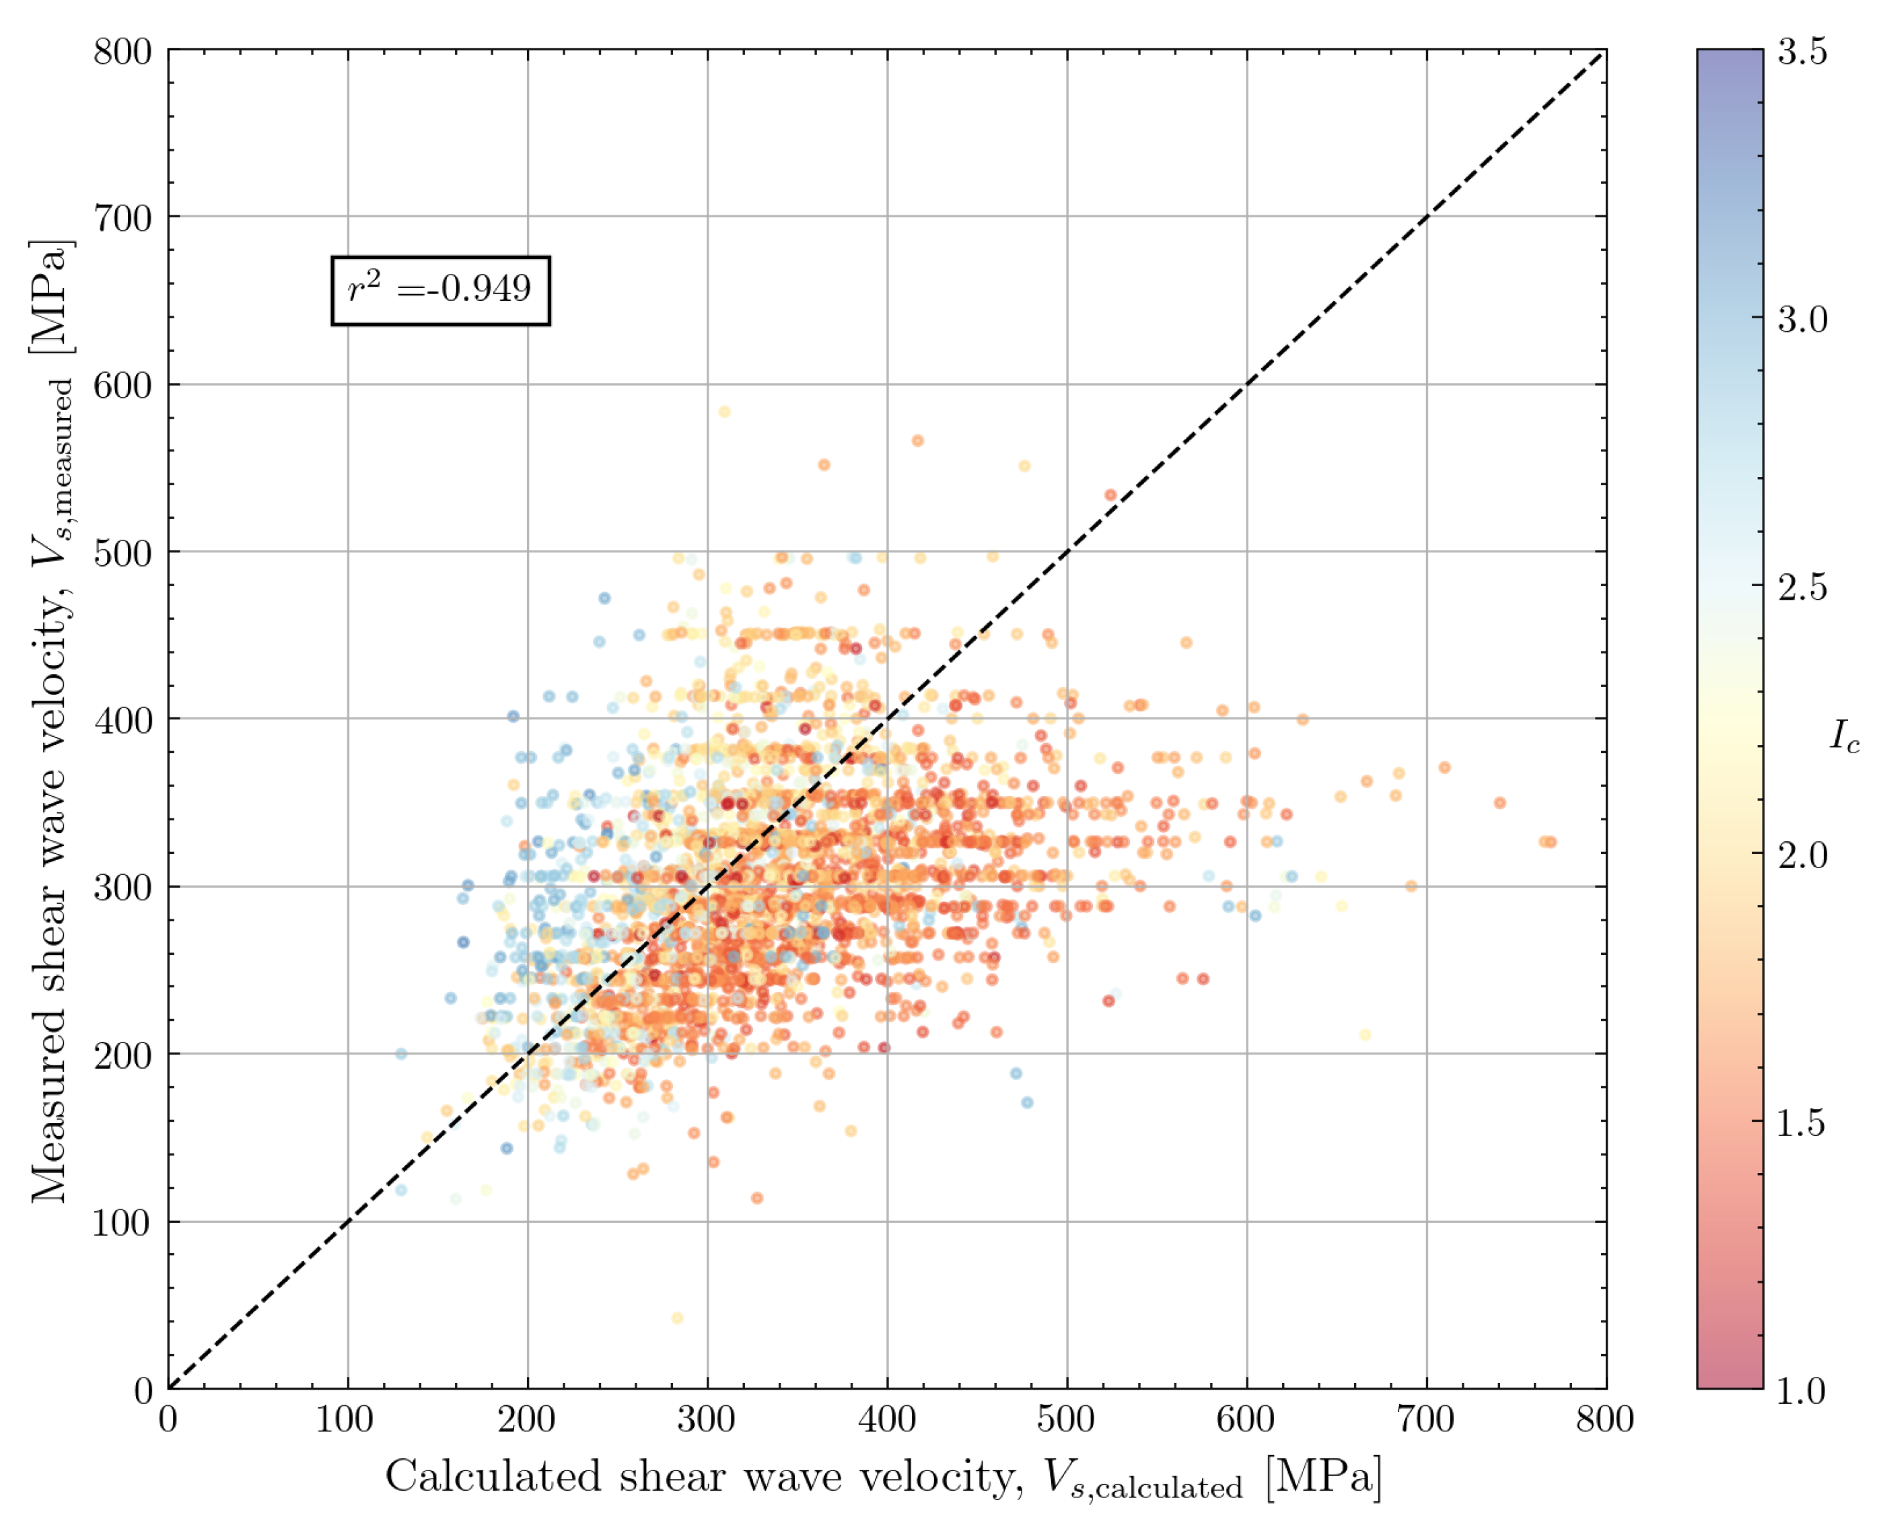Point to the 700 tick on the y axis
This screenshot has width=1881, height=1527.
click(123, 217)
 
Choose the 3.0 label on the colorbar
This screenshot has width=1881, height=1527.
click(1802, 319)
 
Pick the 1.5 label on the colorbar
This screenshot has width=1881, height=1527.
click(1802, 1123)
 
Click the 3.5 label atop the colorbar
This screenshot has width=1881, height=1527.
click(1802, 52)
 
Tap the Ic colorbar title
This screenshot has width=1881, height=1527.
click(1845, 736)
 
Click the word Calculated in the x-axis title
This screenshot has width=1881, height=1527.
click(493, 1477)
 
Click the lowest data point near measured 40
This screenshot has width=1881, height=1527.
click(677, 1318)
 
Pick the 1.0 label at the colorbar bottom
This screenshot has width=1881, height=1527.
click(1802, 1390)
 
